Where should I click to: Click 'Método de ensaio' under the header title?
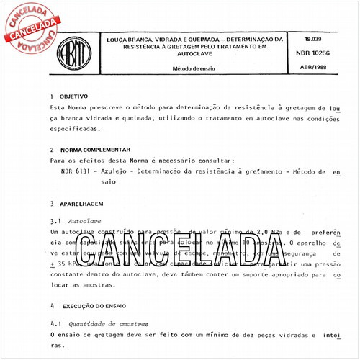tap(192, 68)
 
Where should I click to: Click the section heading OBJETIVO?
tap(75, 95)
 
